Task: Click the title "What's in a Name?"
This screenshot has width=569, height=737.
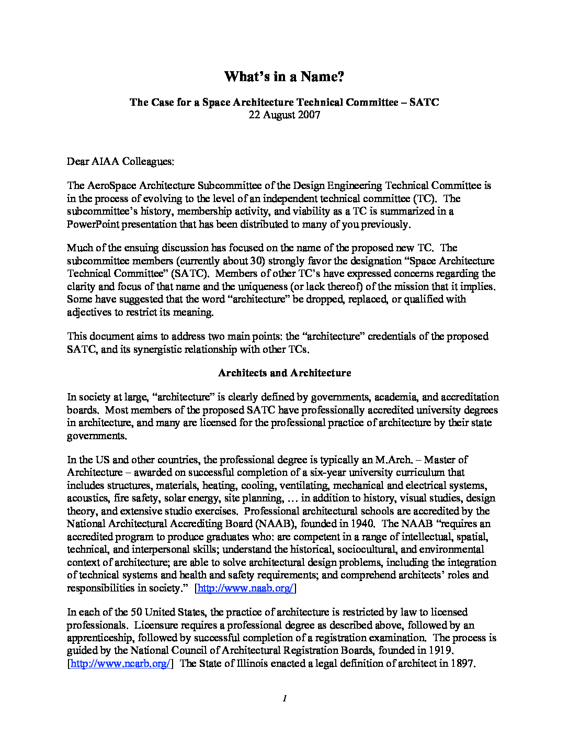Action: (284, 77)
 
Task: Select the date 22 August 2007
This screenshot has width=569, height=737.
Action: (284, 115)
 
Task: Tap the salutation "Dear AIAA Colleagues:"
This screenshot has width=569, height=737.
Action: (120, 161)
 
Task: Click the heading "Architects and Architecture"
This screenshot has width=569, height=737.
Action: (284, 373)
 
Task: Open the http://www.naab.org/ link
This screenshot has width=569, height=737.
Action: (245, 588)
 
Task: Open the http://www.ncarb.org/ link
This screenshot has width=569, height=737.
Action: (120, 664)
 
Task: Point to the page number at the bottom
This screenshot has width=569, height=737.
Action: (284, 698)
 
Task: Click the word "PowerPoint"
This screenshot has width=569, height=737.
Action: (93, 225)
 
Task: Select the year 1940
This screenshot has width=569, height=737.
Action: (362, 524)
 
